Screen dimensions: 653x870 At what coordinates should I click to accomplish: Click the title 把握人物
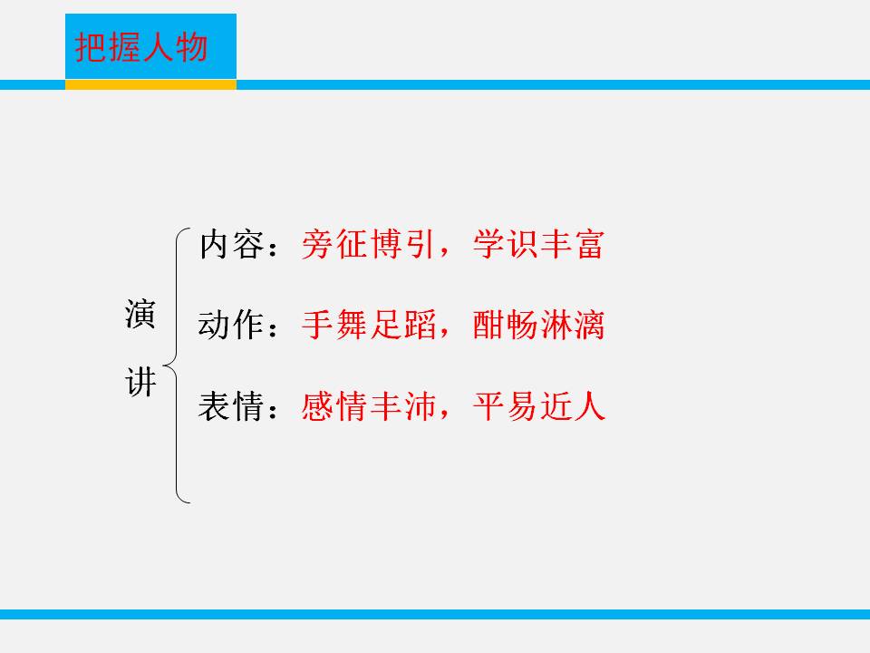click(x=141, y=48)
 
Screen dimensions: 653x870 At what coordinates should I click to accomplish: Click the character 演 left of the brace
click(x=140, y=316)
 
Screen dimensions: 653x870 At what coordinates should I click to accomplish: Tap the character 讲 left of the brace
click(x=140, y=384)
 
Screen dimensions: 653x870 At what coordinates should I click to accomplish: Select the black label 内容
click(x=230, y=246)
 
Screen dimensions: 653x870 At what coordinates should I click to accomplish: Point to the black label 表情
click(x=230, y=406)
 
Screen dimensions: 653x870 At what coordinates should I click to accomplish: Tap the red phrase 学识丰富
click(x=538, y=246)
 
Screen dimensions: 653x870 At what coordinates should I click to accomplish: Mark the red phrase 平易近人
click(x=538, y=406)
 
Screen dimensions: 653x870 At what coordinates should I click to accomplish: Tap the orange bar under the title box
click(x=150, y=84)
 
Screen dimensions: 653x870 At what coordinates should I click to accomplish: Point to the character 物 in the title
click(x=192, y=48)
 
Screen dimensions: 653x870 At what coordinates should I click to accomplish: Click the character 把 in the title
click(x=91, y=48)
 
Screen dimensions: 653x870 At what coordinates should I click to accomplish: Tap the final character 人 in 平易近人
click(x=589, y=406)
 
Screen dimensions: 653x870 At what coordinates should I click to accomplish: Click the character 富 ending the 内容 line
click(x=589, y=246)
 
